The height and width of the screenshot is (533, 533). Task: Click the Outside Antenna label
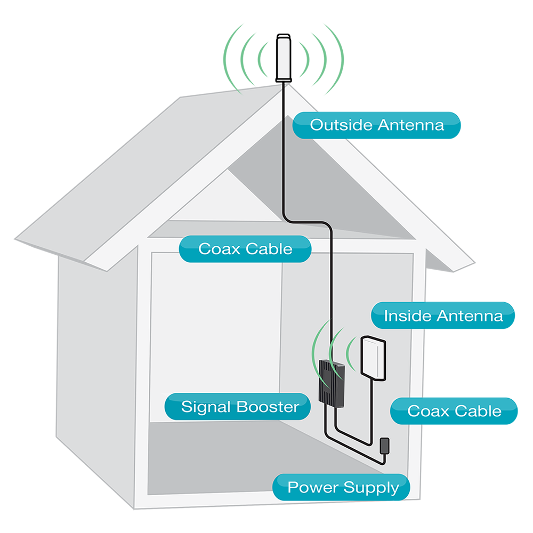tap(376, 125)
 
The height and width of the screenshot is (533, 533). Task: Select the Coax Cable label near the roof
tap(245, 249)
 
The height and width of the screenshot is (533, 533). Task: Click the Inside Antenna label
tap(443, 316)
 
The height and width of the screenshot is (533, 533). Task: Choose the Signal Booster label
tap(240, 407)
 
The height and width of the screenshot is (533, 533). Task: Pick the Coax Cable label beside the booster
tap(454, 411)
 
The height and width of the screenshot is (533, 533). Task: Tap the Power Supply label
tap(343, 487)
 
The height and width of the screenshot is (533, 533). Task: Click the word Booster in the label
tap(268, 407)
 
